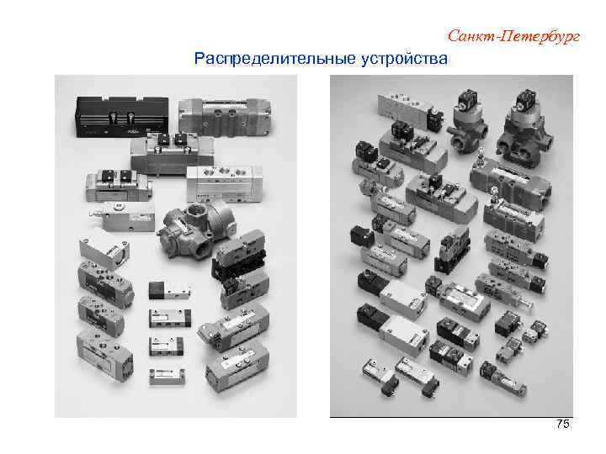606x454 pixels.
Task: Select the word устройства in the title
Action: [405, 59]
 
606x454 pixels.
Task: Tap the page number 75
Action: [563, 425]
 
